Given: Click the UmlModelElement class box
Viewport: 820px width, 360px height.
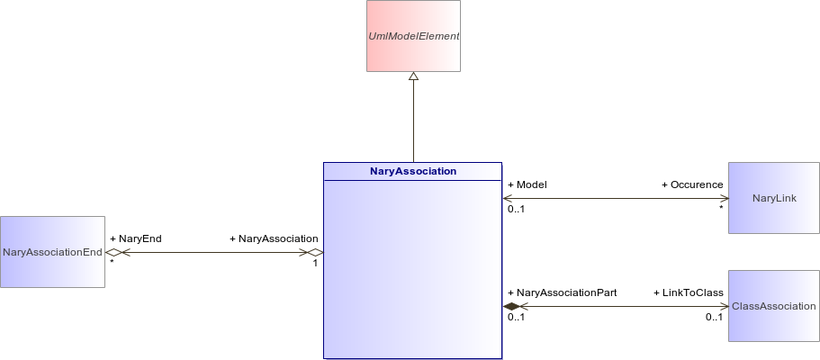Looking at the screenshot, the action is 414,36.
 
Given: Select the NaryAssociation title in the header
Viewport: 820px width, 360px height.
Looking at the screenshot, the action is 413,171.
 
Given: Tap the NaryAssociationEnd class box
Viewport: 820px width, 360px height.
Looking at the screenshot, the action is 52,252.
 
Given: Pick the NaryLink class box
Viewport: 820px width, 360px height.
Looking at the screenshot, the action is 774,198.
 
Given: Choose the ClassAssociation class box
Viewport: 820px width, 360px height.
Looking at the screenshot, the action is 774,306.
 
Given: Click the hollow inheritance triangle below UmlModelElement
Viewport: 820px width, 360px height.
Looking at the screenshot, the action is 414,76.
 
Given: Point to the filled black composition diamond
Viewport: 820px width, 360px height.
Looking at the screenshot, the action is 511,307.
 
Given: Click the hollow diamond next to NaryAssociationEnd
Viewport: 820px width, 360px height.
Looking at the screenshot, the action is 113,252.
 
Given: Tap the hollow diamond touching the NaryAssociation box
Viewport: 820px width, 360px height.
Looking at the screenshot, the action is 315,252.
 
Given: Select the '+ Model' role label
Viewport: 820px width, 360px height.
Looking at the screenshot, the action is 527,184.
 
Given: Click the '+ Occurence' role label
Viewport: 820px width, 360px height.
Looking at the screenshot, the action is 692,184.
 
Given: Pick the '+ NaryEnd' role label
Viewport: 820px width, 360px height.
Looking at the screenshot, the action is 136,238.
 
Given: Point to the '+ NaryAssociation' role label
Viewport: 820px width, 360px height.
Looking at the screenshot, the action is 274,238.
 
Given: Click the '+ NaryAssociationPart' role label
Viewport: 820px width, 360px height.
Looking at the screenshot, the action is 563,292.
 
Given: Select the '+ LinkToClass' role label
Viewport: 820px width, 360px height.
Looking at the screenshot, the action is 689,292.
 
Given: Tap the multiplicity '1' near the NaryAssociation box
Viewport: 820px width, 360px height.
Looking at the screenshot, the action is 315,263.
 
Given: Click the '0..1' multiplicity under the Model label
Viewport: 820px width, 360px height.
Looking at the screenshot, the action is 516,210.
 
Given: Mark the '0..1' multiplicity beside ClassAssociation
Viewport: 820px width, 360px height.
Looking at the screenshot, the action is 714,317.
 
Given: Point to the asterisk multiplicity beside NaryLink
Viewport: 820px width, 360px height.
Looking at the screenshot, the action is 721,208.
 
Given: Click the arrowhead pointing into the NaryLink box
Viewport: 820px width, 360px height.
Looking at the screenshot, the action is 725,198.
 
